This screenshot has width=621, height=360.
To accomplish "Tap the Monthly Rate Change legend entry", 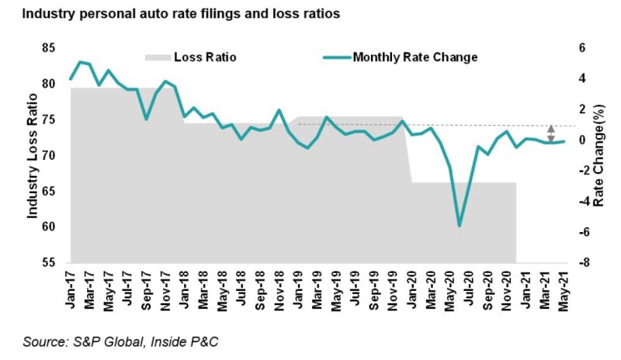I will click(415, 57).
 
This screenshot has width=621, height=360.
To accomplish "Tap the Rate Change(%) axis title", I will click(598, 155).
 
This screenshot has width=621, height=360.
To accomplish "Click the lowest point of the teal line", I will click(460, 226).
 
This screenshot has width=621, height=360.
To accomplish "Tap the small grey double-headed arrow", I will click(550, 132).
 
